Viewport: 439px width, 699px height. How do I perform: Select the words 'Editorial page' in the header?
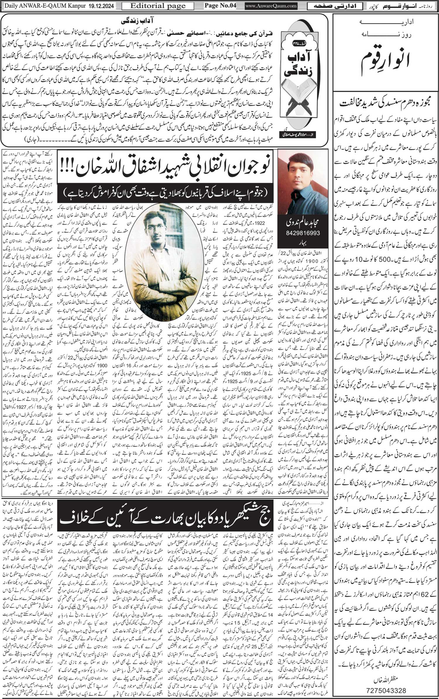tap(158, 6)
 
